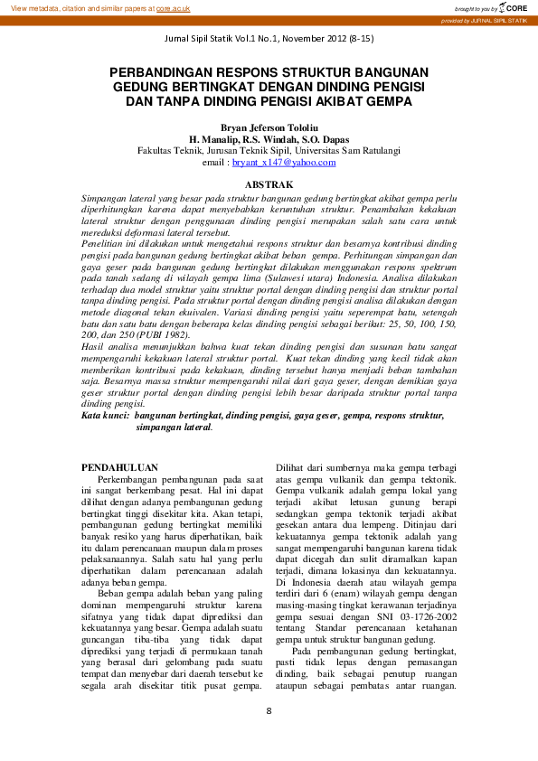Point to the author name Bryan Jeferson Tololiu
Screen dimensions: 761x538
point(269,129)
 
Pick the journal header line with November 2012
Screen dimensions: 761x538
point(269,41)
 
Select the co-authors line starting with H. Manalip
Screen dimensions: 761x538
point(269,141)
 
